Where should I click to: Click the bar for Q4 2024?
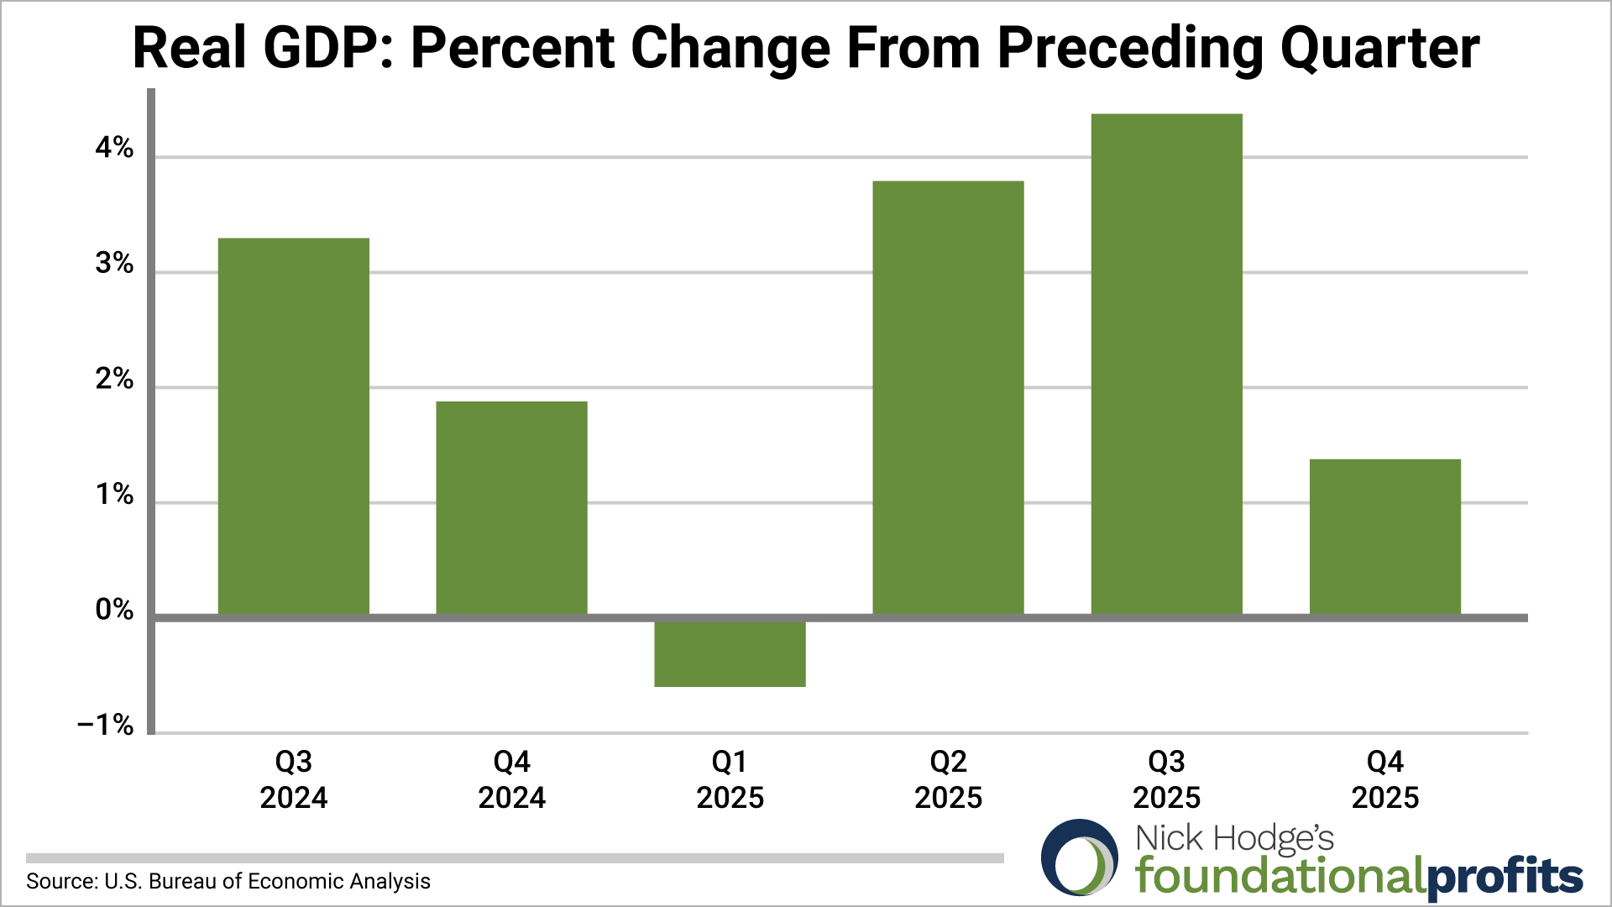(511, 508)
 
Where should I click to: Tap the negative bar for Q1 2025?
(730, 653)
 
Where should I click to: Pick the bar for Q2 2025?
(948, 398)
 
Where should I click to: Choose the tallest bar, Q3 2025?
(1166, 364)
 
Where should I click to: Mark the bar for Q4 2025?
(1384, 537)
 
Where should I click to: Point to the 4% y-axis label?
(114, 149)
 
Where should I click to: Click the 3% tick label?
(114, 264)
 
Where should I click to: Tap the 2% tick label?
(114, 380)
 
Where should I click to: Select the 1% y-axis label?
(114, 495)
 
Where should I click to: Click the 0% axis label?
(114, 610)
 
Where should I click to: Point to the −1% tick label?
(105, 725)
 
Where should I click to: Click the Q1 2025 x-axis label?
(730, 779)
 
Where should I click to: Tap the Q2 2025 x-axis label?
(948, 779)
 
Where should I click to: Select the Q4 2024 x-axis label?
(511, 779)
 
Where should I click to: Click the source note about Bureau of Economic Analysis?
(228, 881)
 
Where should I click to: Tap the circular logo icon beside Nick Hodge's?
(1080, 857)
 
